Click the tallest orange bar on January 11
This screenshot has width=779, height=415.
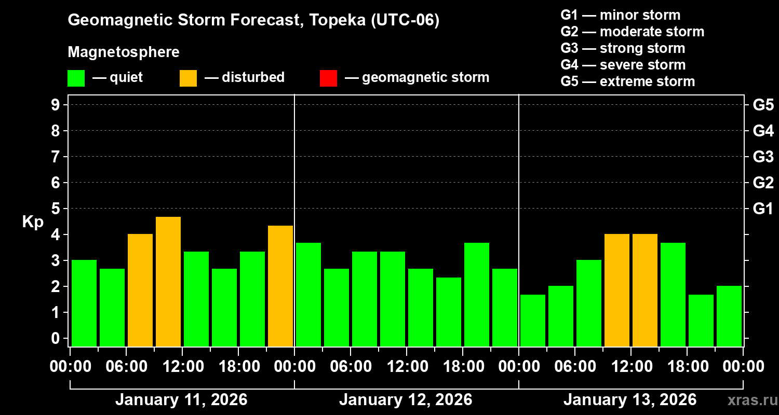168,281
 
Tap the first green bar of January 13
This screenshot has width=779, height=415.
533,320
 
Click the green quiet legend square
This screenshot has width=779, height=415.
76,78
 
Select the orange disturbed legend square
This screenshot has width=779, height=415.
188,78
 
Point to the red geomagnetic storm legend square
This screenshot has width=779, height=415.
328,78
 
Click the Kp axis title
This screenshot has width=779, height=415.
33,222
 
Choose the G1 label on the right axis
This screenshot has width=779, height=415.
763,209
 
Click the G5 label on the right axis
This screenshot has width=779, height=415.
763,105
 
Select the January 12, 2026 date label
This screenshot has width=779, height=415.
406,400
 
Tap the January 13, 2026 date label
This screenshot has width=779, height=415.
630,400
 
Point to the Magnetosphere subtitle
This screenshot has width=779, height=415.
124,52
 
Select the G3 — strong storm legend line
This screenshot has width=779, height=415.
623,48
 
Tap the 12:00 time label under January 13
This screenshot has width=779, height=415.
630,367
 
